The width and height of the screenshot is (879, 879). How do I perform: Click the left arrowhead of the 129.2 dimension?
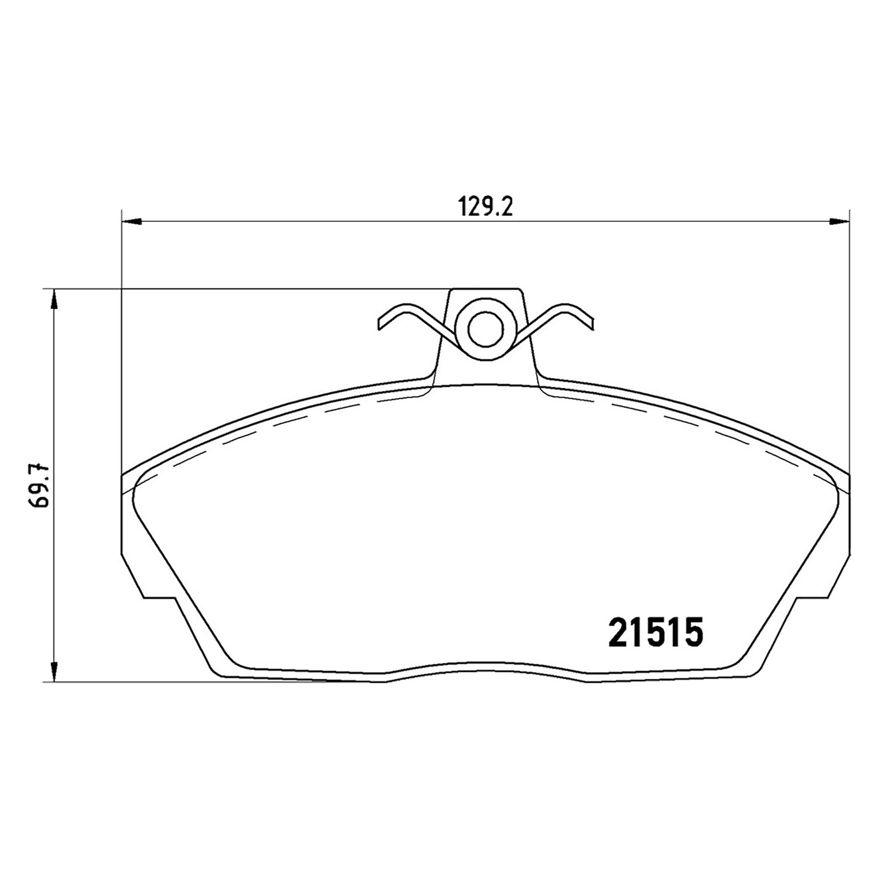(x=131, y=222)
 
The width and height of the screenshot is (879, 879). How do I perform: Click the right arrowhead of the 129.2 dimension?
(x=838, y=222)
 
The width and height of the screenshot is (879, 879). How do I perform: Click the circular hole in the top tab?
(x=485, y=328)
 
